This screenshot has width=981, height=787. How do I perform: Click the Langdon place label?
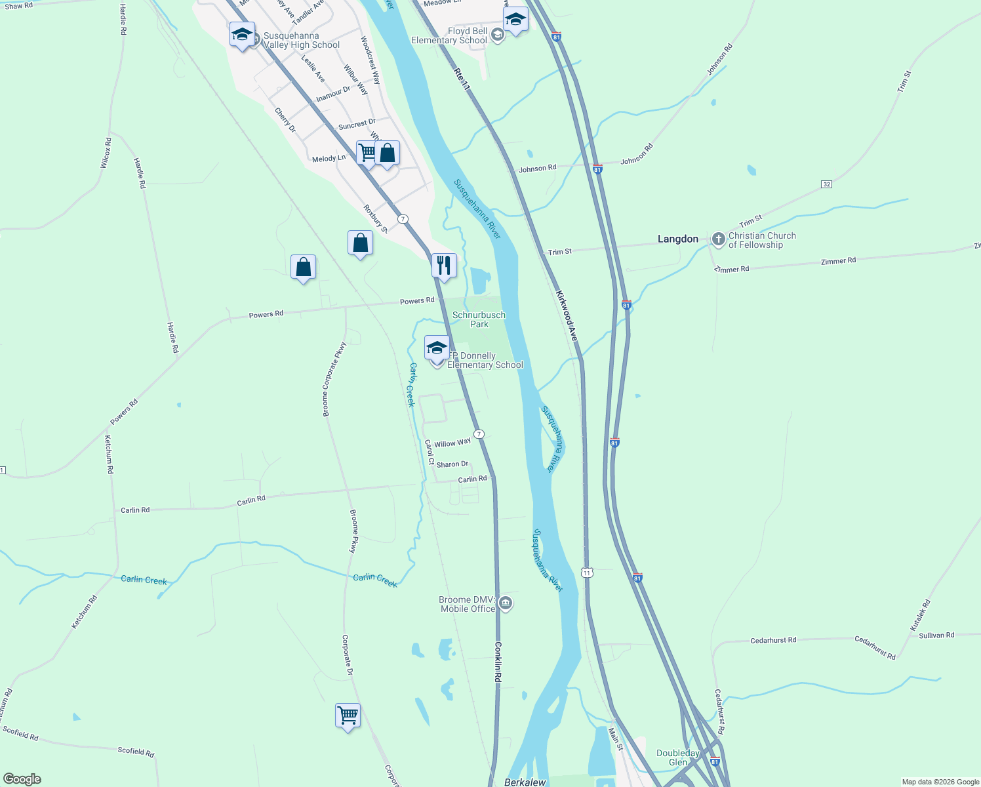point(677,239)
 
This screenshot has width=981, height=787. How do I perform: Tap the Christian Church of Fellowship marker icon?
point(718,239)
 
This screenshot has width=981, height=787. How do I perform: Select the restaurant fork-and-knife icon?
point(444,266)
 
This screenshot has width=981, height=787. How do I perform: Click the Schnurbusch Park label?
point(479,319)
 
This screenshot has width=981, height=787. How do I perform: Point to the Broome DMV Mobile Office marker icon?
point(505,603)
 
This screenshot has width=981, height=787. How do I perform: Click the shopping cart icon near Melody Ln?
point(368,153)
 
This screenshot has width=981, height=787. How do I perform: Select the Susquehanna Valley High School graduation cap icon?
point(242,34)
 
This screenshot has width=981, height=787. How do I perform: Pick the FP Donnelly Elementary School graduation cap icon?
point(437,348)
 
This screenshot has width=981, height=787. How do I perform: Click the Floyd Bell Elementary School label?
point(449,35)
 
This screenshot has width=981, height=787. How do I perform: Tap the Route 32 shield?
point(826,184)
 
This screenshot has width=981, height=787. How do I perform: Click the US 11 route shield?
point(586,573)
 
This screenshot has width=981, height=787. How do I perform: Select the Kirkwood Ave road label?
point(567,315)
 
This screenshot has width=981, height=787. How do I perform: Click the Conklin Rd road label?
point(498,662)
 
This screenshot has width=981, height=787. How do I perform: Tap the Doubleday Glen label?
point(678,757)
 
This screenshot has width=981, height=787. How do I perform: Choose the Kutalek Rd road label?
point(921,615)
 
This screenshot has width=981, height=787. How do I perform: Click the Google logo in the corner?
point(22,778)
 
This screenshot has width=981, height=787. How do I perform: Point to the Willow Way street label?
point(452,443)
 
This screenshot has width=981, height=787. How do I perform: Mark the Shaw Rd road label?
point(18,6)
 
